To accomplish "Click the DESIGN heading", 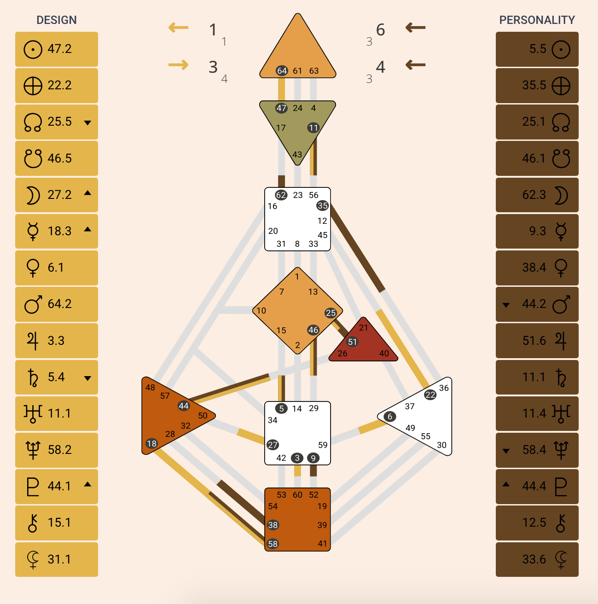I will pyautogui.click(x=57, y=20).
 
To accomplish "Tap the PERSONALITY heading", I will pyautogui.click(x=537, y=20).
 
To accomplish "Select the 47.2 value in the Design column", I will pyautogui.click(x=60, y=49).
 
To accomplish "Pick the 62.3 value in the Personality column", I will pyautogui.click(x=534, y=195).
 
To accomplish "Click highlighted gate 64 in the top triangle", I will pyautogui.click(x=282, y=71).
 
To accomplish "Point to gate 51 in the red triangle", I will pyautogui.click(x=353, y=342).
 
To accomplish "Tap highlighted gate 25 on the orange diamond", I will pyautogui.click(x=331, y=313).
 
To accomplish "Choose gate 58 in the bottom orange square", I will pyautogui.click(x=273, y=544).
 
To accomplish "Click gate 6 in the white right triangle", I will pyautogui.click(x=390, y=417).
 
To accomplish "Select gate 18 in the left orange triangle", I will pyautogui.click(x=151, y=443).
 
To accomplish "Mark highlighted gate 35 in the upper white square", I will pyautogui.click(x=323, y=206).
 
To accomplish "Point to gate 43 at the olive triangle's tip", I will pyautogui.click(x=297, y=155).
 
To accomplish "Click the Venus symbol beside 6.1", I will pyautogui.click(x=33, y=267).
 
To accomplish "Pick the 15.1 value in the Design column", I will pyautogui.click(x=60, y=523).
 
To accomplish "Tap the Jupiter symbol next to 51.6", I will pyautogui.click(x=560, y=341).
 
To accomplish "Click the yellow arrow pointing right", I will pyautogui.click(x=178, y=65).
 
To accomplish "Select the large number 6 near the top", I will pyautogui.click(x=380, y=30).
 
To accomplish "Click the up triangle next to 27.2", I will pyautogui.click(x=87, y=193).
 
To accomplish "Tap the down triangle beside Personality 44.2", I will pyautogui.click(x=506, y=305).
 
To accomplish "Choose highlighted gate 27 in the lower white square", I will pyautogui.click(x=273, y=445).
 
